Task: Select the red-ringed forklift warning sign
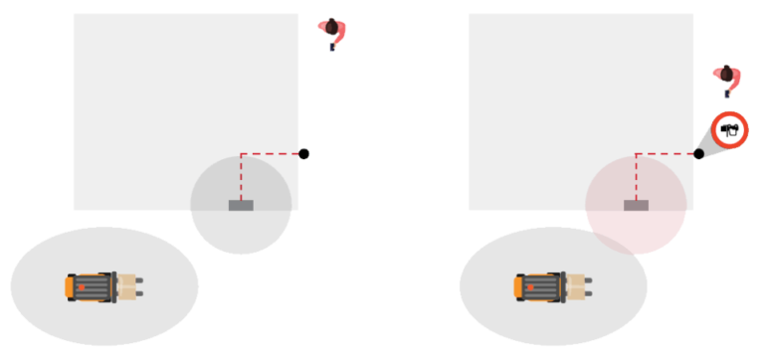coord(730,128)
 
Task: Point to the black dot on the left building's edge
coord(304,154)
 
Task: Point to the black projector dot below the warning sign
coord(698,154)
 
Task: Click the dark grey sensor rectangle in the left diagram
coord(241,205)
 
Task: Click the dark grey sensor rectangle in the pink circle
coord(636,205)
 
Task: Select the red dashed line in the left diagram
coord(271,154)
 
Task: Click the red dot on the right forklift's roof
coord(532,287)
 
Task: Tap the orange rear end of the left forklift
coord(70,286)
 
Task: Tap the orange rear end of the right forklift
coord(518,286)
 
